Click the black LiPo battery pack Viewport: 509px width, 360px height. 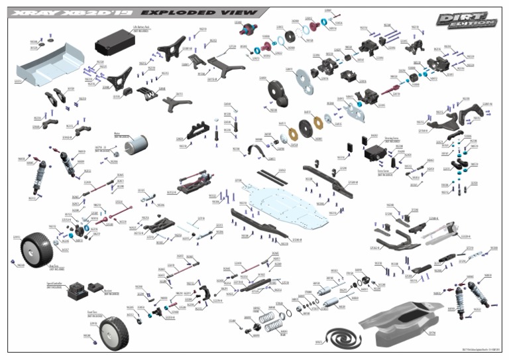pyautogui.click(x=116, y=46)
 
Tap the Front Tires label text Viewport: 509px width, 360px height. pyautogui.click(x=95, y=314)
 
